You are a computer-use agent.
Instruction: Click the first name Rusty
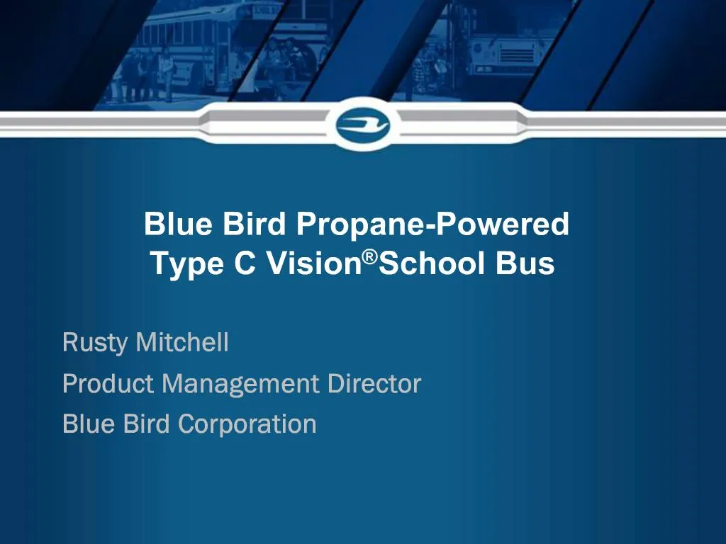click(95, 344)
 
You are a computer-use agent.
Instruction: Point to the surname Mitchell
click(182, 343)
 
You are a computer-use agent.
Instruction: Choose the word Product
click(108, 384)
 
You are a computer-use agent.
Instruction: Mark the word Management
click(240, 385)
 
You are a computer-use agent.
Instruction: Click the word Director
click(374, 384)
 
